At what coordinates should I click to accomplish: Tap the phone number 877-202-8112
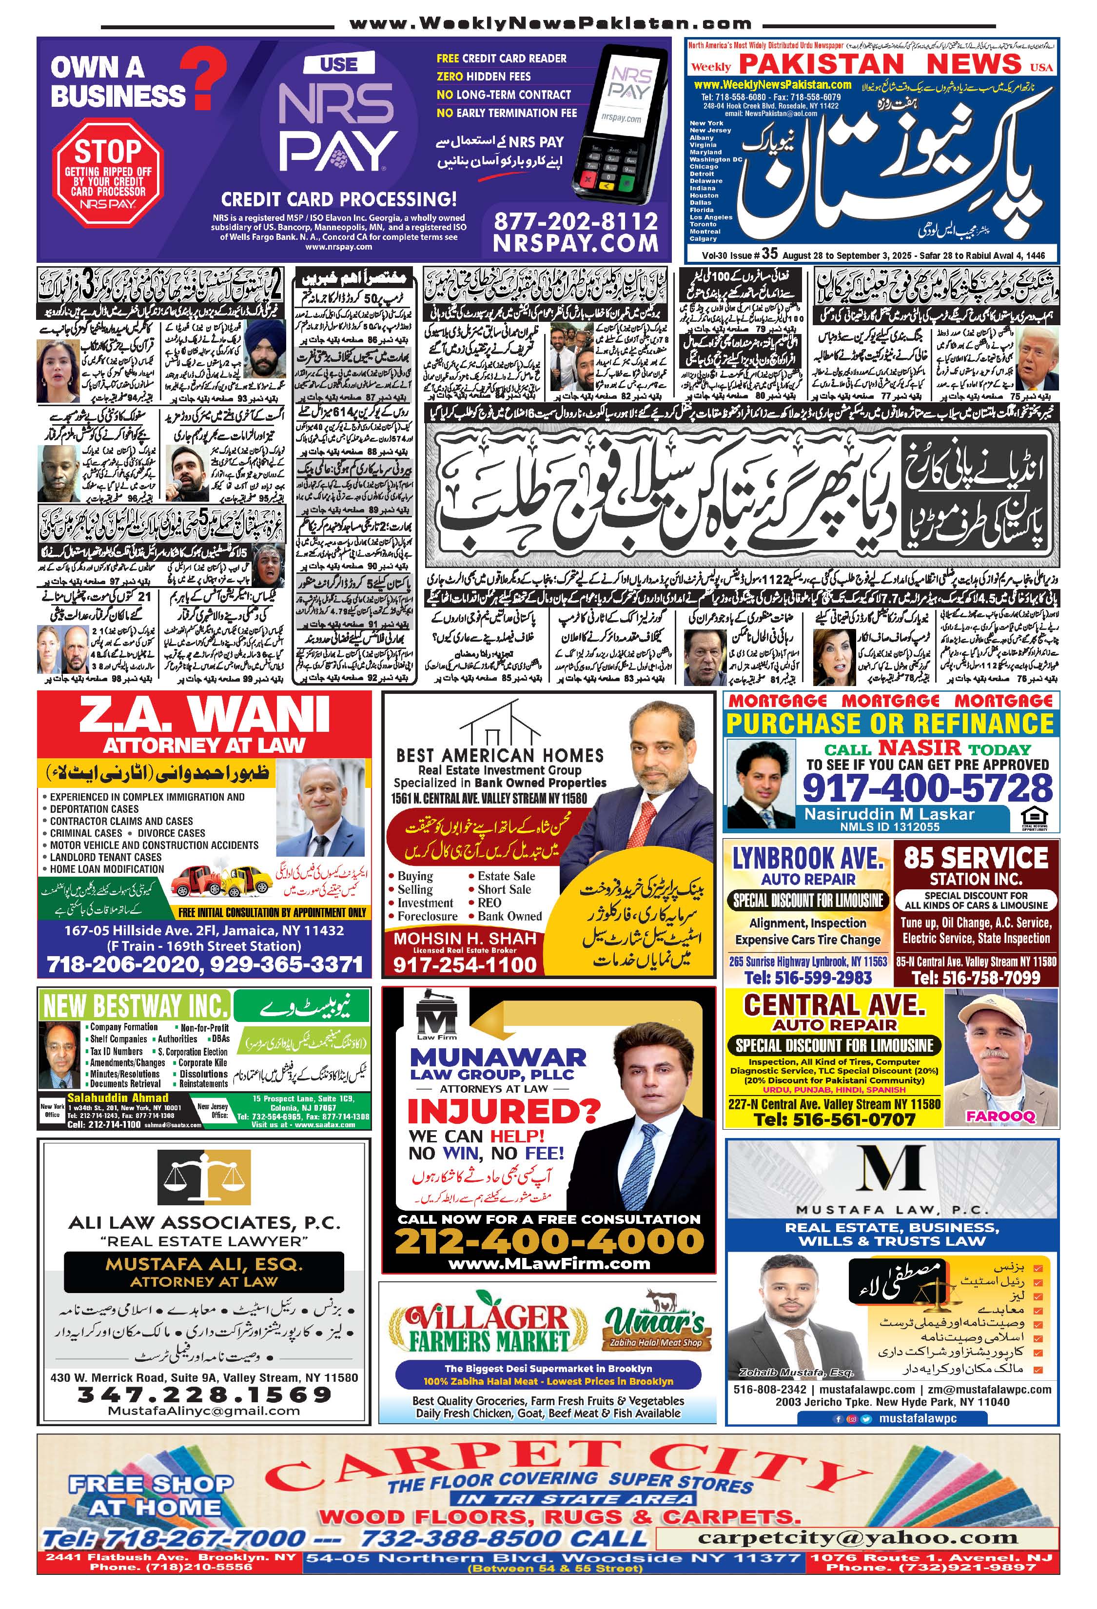(576, 221)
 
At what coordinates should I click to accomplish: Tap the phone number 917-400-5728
(927, 788)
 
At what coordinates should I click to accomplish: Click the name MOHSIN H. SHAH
(465, 938)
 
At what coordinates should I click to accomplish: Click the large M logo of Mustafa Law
(891, 1169)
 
